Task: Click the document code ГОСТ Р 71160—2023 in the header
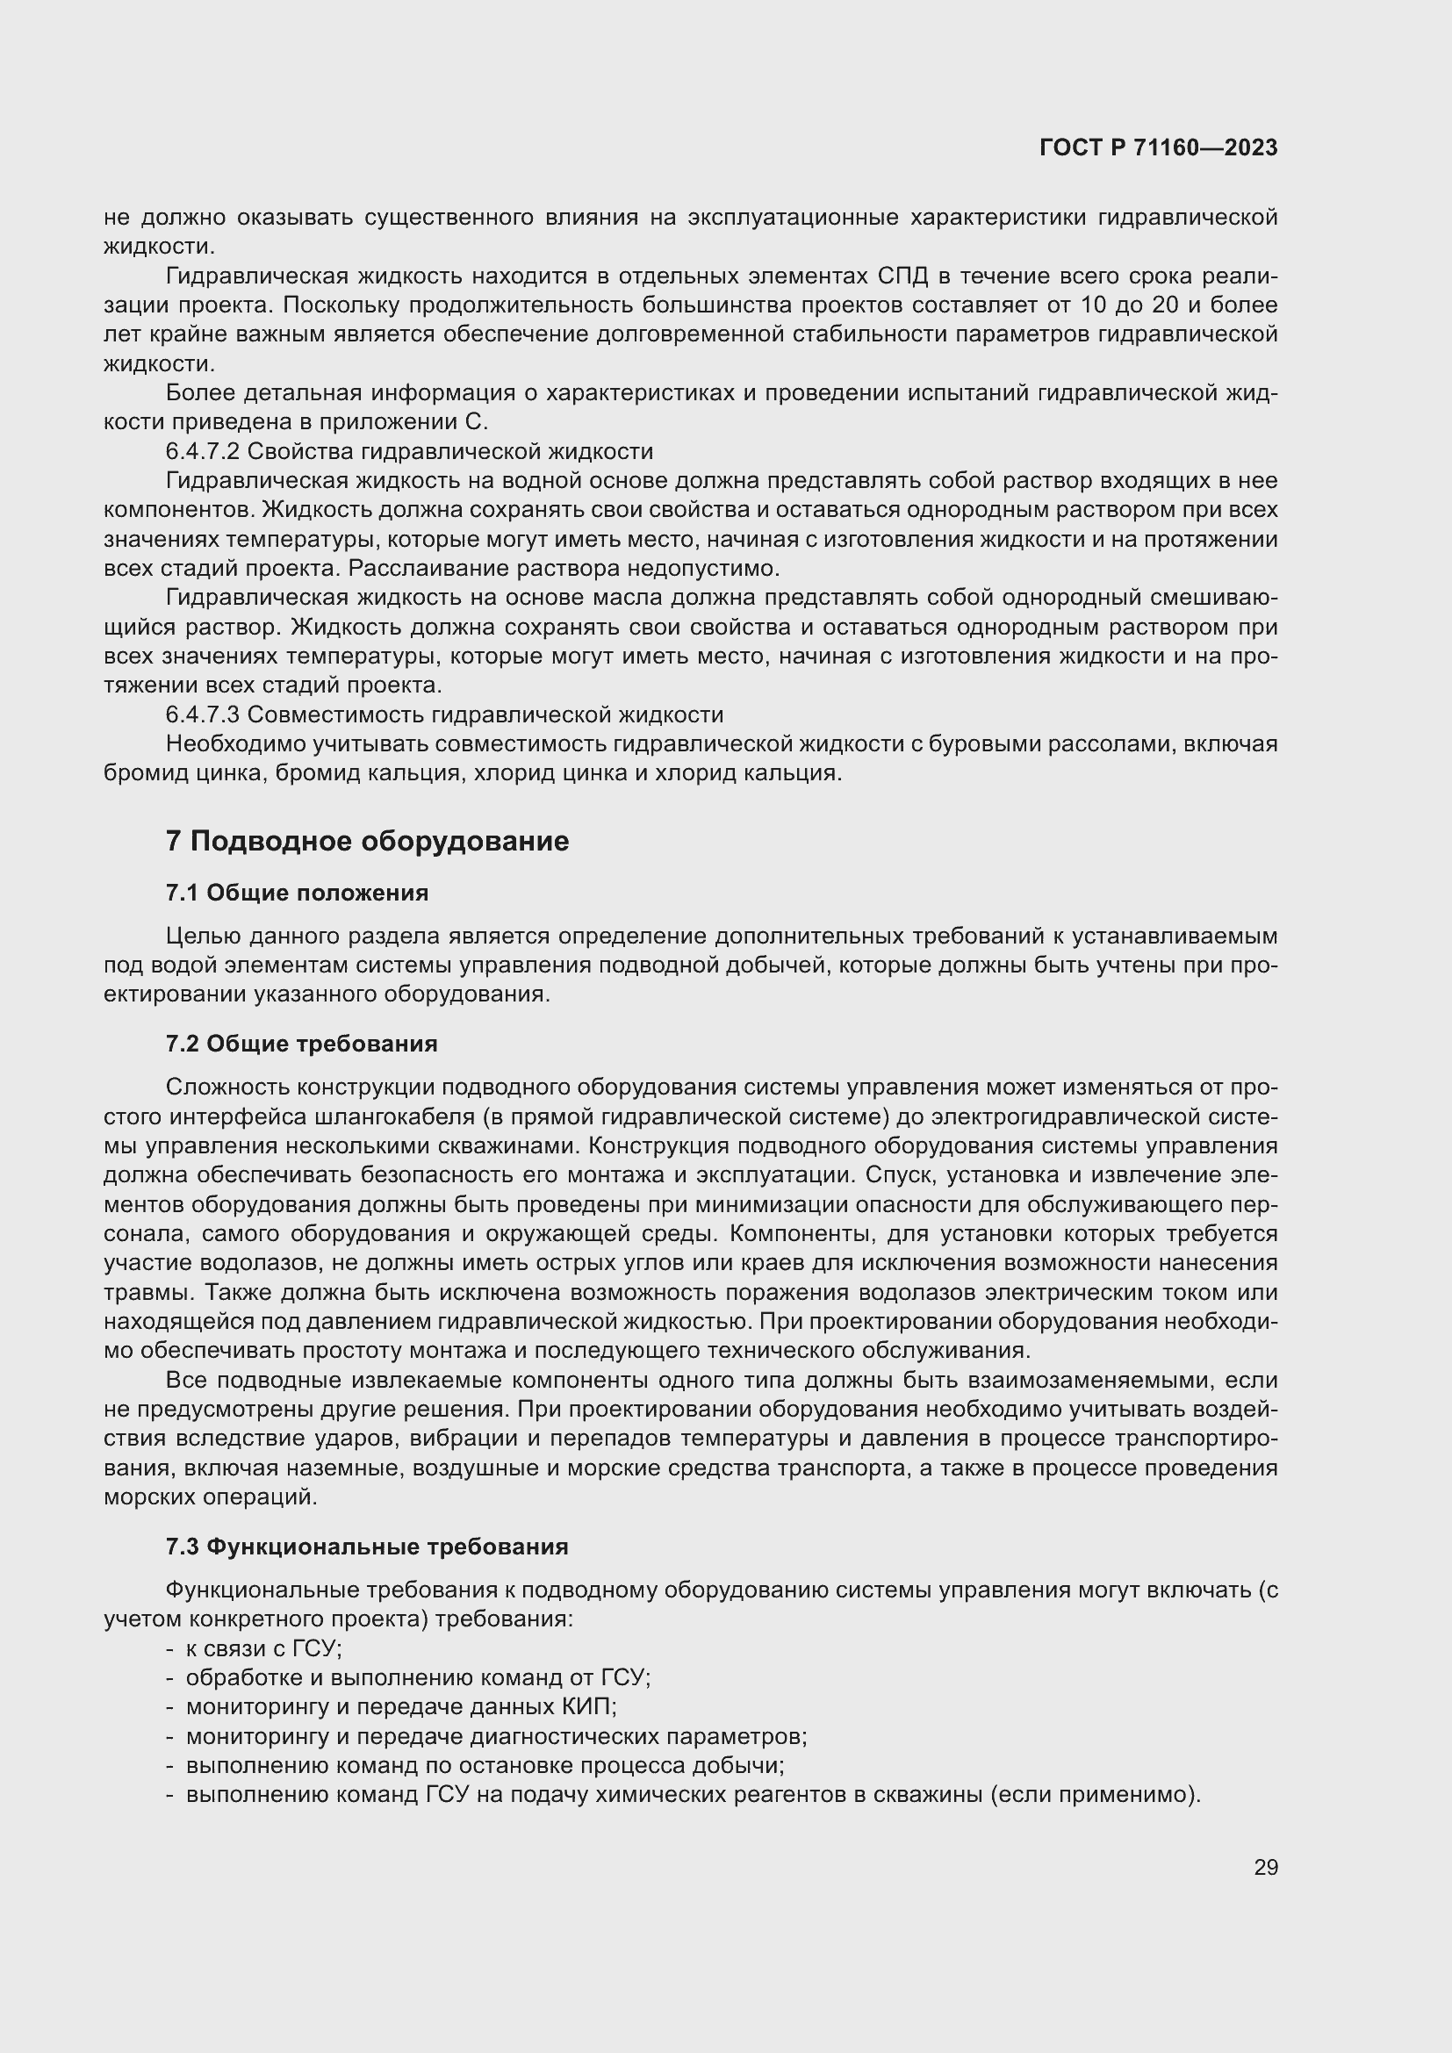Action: click(1158, 148)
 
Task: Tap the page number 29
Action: click(1265, 1868)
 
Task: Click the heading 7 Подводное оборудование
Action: click(367, 842)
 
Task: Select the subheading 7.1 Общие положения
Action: click(297, 894)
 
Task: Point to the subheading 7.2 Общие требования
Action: click(301, 1044)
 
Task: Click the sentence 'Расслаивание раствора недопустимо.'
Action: click(564, 569)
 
